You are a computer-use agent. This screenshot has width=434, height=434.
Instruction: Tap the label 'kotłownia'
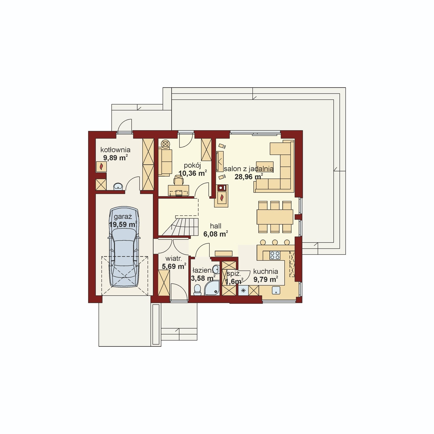pyautogui.click(x=115, y=150)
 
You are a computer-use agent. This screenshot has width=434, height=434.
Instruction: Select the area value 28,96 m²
pyautogui.click(x=248, y=177)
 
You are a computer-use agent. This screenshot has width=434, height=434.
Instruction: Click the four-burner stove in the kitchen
pyautogui.click(x=275, y=255)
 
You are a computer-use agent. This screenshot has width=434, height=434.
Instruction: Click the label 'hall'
pyautogui.click(x=216, y=226)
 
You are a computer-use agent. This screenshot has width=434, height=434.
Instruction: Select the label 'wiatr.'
pyautogui.click(x=173, y=259)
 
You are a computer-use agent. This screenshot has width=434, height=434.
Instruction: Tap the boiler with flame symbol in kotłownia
pyautogui.click(x=101, y=167)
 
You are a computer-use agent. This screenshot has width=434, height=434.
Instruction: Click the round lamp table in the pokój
pyautogui.click(x=165, y=144)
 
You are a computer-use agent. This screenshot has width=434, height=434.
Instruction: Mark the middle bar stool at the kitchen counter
pyautogui.click(x=275, y=242)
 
